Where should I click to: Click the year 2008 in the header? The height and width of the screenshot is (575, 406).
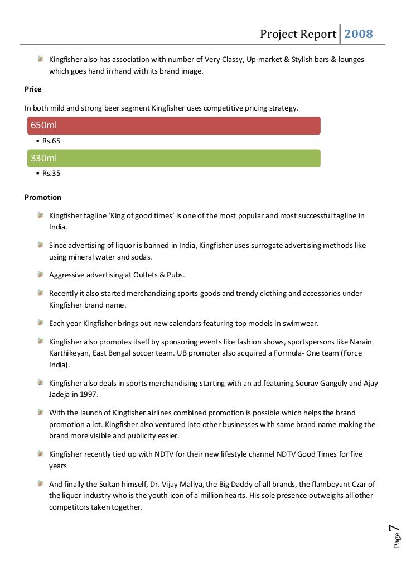[x=357, y=35]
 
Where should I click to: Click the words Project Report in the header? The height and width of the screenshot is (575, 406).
[x=298, y=35]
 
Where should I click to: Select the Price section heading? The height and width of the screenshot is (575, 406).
[x=33, y=89]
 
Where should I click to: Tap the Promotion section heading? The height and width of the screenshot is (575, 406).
[x=43, y=198]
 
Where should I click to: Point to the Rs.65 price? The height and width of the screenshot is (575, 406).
[x=51, y=141]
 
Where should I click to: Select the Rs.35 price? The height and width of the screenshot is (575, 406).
[x=51, y=174]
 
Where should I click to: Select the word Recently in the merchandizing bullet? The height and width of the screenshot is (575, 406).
[x=65, y=294]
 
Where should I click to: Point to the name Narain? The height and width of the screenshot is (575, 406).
[x=360, y=342]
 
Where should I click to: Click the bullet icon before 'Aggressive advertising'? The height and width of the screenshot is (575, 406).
[x=41, y=274]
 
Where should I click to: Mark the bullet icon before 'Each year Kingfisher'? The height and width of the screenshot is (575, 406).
[x=41, y=323]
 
